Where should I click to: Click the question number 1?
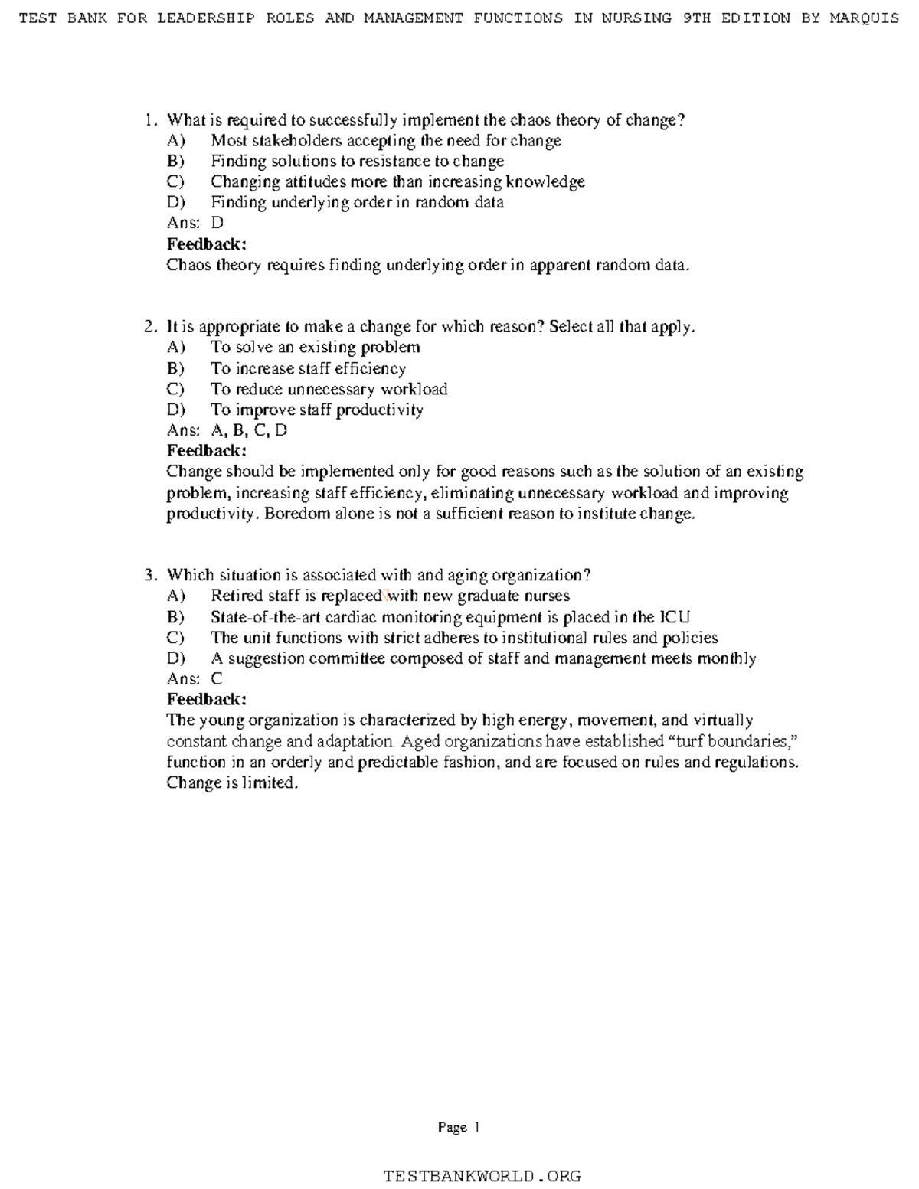click(x=149, y=120)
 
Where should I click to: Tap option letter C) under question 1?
click(x=175, y=182)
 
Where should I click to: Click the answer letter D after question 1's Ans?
click(x=217, y=224)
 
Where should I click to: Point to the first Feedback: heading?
click(x=207, y=244)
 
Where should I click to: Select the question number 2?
click(x=149, y=327)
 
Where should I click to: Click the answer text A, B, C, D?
click(x=249, y=431)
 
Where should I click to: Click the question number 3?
click(x=149, y=576)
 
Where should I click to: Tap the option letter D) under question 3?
click(x=175, y=658)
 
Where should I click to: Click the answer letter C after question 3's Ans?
click(x=217, y=679)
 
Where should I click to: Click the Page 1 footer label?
click(x=459, y=1127)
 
